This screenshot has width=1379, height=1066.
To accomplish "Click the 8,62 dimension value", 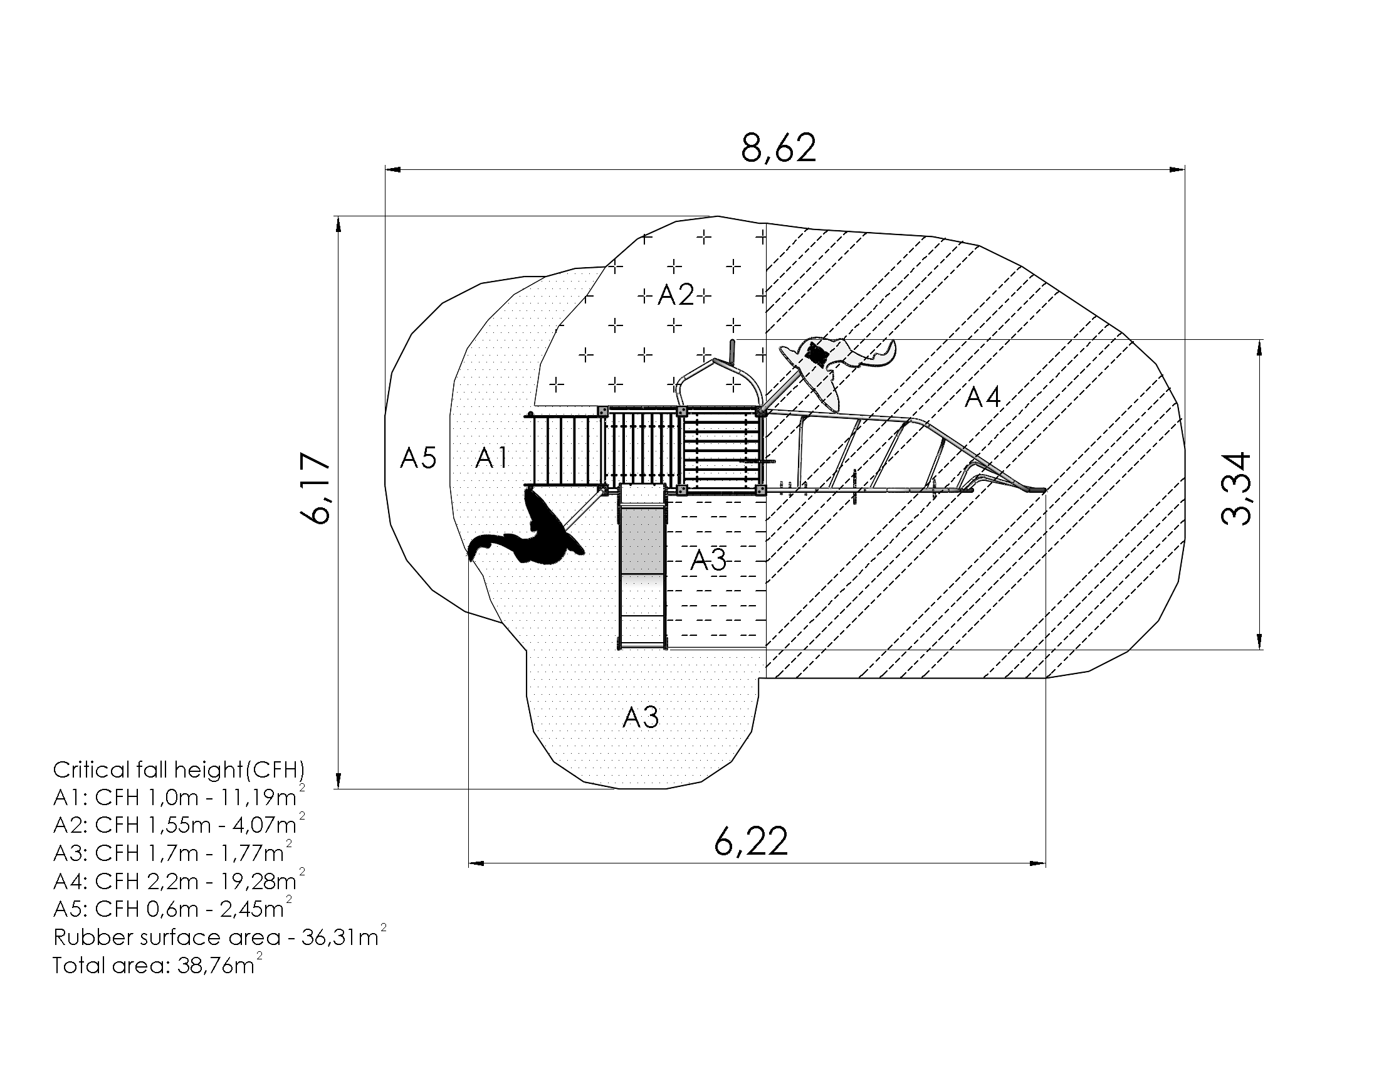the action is pyautogui.click(x=779, y=149).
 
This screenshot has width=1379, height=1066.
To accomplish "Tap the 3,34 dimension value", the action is pyautogui.click(x=1235, y=488).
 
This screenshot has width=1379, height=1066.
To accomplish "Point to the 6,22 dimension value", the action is pyautogui.click(x=752, y=841).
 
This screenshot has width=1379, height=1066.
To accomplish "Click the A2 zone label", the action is pyautogui.click(x=676, y=294).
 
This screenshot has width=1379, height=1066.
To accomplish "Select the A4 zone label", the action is pyautogui.click(x=983, y=398).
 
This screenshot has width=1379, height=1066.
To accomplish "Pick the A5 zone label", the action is pyautogui.click(x=418, y=458).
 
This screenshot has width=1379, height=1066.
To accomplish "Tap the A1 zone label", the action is pyautogui.click(x=491, y=458).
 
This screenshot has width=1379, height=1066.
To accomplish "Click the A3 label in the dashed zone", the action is pyautogui.click(x=708, y=560).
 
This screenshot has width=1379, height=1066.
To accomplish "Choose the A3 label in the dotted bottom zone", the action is pyautogui.click(x=641, y=717).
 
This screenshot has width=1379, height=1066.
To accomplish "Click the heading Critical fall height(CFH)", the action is pyautogui.click(x=179, y=770).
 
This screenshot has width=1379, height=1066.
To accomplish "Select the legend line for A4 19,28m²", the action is pyautogui.click(x=179, y=880).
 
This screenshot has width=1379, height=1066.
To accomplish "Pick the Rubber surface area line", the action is pyautogui.click(x=220, y=936).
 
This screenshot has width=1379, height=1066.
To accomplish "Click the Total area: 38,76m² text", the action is pyautogui.click(x=157, y=964).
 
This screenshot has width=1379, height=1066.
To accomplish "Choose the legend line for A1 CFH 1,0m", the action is pyautogui.click(x=179, y=797).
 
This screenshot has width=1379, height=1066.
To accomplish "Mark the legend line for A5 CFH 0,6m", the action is pyautogui.click(x=172, y=908).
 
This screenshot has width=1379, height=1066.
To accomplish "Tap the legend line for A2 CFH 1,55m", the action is pyautogui.click(x=179, y=825).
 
